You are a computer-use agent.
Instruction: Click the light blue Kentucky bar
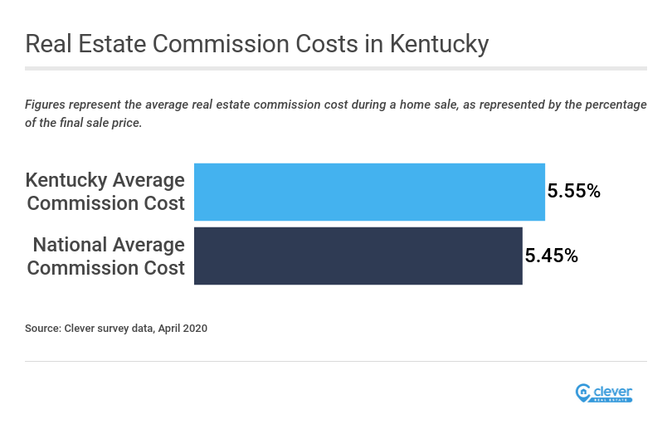[369, 192]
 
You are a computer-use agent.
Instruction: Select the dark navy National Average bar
[358, 256]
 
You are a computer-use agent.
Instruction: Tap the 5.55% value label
[573, 192]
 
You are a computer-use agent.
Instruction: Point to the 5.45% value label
[551, 256]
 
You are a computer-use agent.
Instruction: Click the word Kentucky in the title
[434, 44]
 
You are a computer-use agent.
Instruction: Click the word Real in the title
[48, 44]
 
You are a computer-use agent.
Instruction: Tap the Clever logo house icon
[582, 392]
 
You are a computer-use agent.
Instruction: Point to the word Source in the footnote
[43, 329]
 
